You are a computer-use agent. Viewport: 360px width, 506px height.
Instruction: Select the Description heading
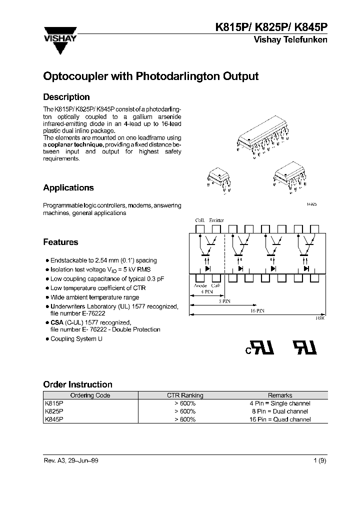point(66,97)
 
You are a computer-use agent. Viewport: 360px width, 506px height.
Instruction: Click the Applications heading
point(68,188)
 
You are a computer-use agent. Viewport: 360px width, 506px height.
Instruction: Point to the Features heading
point(60,242)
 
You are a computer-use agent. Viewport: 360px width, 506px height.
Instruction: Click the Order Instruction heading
point(77,384)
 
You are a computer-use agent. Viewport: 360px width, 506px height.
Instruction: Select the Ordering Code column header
point(85,395)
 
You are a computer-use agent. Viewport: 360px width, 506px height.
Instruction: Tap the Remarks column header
point(280,395)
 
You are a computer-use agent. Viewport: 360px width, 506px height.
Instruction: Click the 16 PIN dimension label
point(257,310)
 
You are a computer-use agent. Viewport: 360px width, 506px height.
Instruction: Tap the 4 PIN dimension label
point(205,291)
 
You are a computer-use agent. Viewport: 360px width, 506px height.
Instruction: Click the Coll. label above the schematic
point(200,220)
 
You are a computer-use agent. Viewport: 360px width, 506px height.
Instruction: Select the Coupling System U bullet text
point(76,339)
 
